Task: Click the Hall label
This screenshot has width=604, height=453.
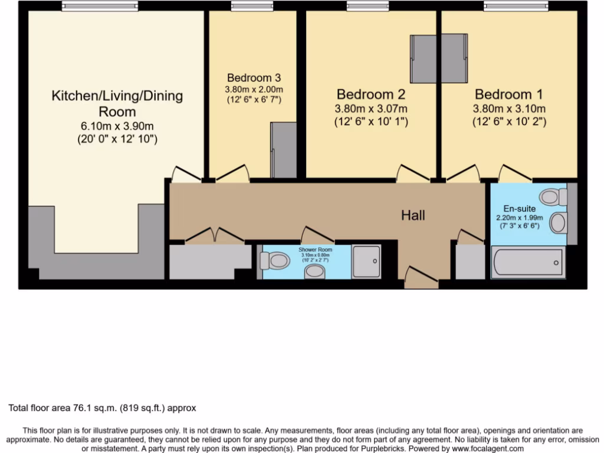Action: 413,216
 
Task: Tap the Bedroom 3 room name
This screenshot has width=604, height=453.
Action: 254,78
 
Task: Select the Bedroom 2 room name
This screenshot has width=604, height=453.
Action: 371,94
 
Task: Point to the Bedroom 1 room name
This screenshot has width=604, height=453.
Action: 509,94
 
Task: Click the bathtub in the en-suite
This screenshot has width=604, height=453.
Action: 528,262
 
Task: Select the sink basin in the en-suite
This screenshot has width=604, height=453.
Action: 557,223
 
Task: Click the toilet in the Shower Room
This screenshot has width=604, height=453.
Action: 274,260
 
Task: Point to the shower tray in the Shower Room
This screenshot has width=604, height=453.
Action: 366,261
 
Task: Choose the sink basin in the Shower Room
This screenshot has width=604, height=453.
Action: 315,271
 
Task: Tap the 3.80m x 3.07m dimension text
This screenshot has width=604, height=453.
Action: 371,109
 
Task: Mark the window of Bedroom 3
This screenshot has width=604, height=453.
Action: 252,7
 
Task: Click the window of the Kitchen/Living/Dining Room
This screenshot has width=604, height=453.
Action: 100,7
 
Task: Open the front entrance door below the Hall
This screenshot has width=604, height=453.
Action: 422,277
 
